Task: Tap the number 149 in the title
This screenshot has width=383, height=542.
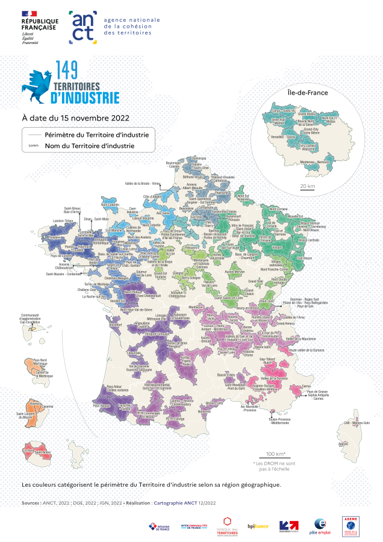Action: click(67, 70)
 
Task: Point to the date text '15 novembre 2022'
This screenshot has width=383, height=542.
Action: click(90, 118)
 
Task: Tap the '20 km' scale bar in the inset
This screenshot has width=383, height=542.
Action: click(307, 186)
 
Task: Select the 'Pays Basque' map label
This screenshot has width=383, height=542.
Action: click(101, 406)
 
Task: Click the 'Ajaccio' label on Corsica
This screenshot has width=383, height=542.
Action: click(343, 444)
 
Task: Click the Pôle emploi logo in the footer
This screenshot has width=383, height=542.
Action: click(319, 526)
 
